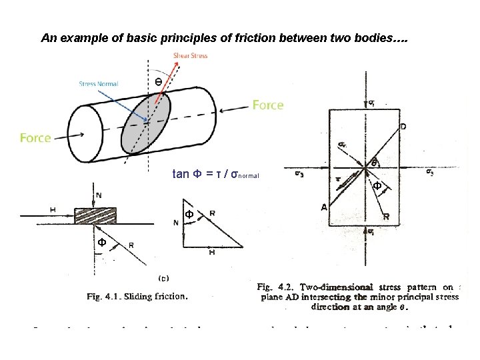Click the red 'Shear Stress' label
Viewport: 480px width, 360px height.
pos(190,55)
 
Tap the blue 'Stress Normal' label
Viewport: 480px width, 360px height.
pos(98,83)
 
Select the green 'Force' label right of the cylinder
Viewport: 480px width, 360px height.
pos(267,105)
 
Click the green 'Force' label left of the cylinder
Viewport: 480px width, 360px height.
pos(35,138)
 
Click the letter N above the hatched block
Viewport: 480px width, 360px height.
pos(99,195)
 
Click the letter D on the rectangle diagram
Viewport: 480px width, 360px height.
pos(403,126)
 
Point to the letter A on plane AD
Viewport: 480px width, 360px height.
pos(324,207)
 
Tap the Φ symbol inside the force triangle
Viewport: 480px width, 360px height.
pos(189,215)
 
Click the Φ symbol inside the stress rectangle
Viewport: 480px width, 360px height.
pos(377,187)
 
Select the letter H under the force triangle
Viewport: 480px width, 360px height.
pos(212,253)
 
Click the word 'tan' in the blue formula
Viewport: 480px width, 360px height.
pos(180,175)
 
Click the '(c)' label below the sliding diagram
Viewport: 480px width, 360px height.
pos(162,277)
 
